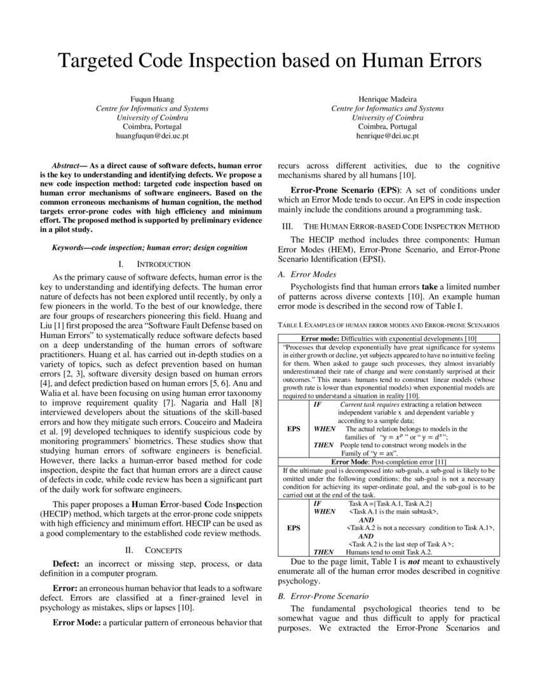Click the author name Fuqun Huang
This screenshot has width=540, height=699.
click(x=152, y=100)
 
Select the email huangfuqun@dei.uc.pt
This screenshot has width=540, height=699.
click(x=152, y=136)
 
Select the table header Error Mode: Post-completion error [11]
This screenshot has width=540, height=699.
click(x=389, y=461)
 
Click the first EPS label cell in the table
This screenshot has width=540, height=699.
click(x=293, y=429)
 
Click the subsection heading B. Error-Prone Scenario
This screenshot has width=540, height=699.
click(x=323, y=596)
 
